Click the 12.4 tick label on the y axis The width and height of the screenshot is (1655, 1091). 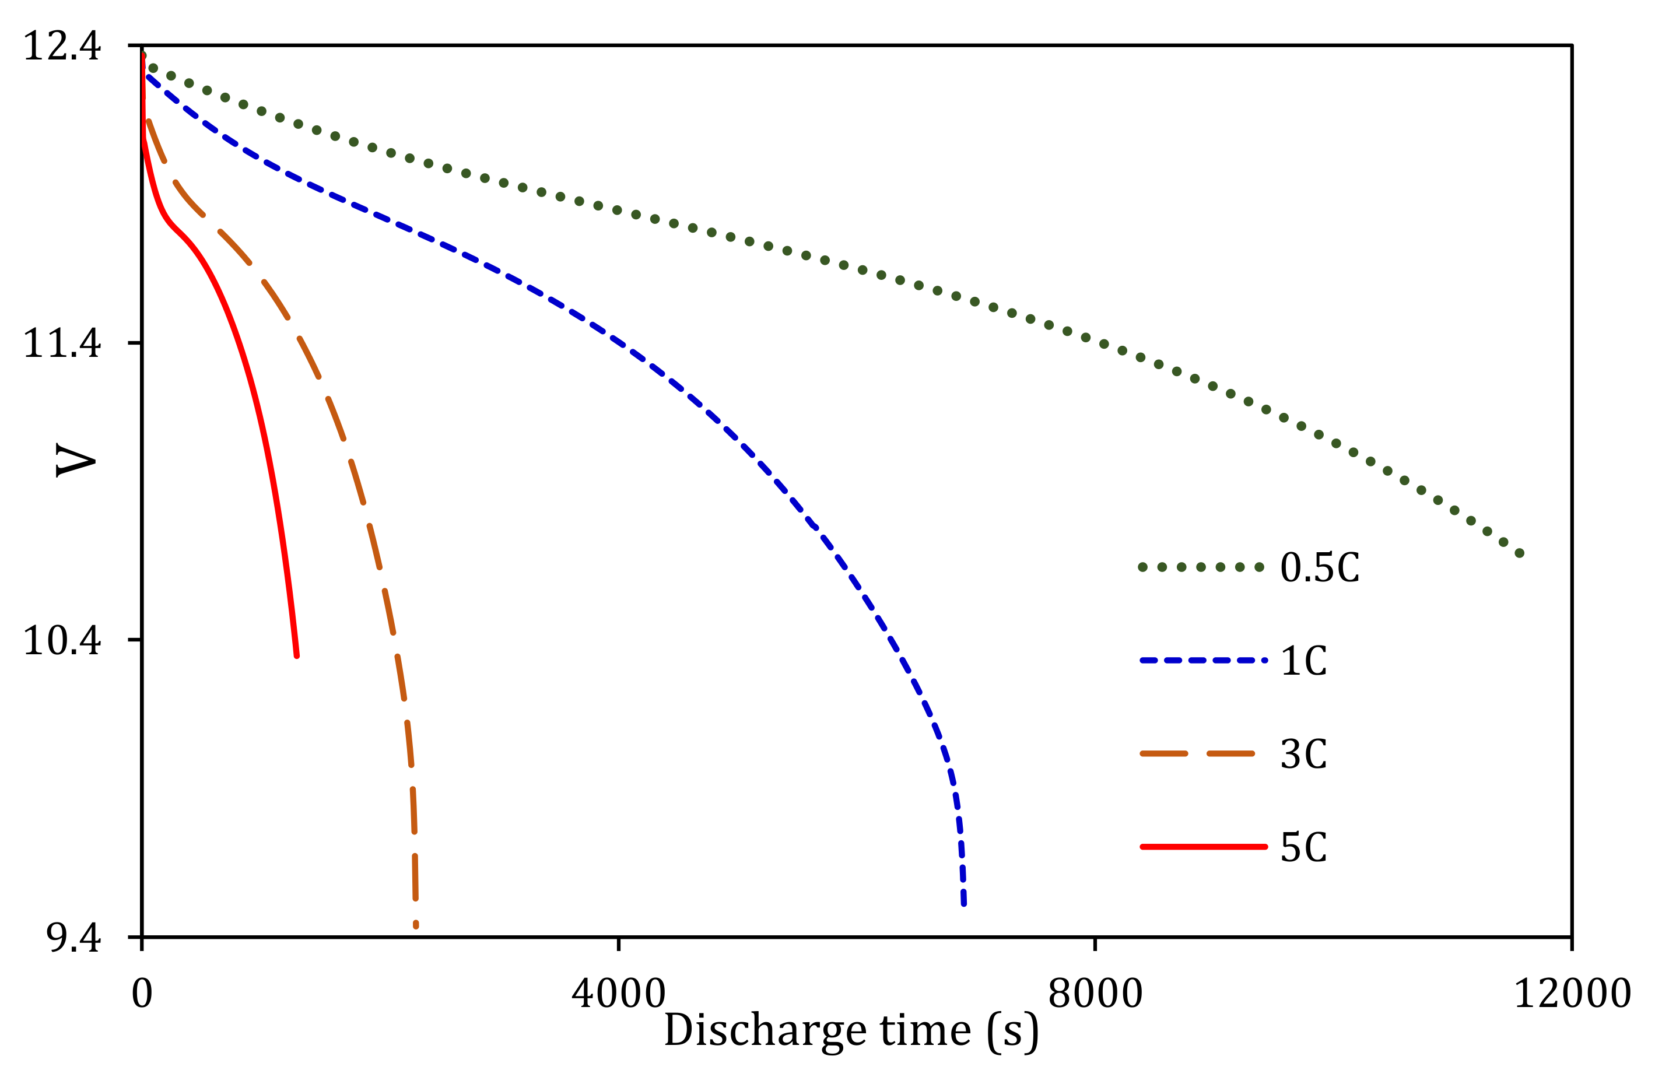pos(62,47)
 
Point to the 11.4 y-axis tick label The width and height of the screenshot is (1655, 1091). pos(62,343)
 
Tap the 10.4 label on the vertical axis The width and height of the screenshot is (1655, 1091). pos(62,640)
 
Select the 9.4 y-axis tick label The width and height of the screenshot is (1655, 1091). pos(73,938)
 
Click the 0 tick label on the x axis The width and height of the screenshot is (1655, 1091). pos(142,994)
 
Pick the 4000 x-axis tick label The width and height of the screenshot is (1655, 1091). pos(619,994)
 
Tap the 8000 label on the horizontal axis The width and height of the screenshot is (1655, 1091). pos(1095,994)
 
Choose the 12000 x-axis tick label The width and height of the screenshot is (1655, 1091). pos(1572,994)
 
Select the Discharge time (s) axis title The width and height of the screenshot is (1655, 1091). pos(851,1031)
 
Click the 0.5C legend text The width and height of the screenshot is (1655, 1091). pos(1320,568)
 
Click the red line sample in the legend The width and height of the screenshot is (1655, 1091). pos(1204,847)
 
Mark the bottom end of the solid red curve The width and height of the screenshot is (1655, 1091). pos(297,655)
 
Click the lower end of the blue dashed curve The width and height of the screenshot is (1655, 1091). pos(963,903)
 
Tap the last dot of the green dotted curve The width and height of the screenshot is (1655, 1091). pos(1520,553)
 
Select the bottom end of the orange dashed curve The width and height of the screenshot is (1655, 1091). pos(416,925)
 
